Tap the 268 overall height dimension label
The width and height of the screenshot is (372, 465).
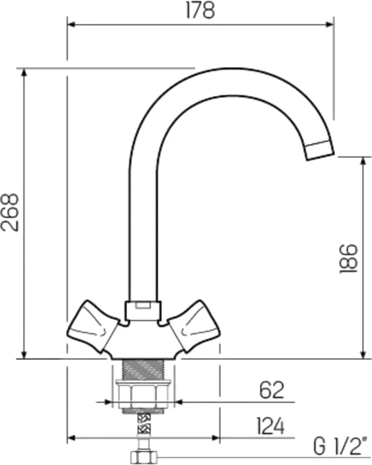[10, 213]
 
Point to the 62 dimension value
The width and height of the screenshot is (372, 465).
[272, 390]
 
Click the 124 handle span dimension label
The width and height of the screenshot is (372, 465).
[270, 426]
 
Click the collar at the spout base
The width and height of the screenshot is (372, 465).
[143, 311]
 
